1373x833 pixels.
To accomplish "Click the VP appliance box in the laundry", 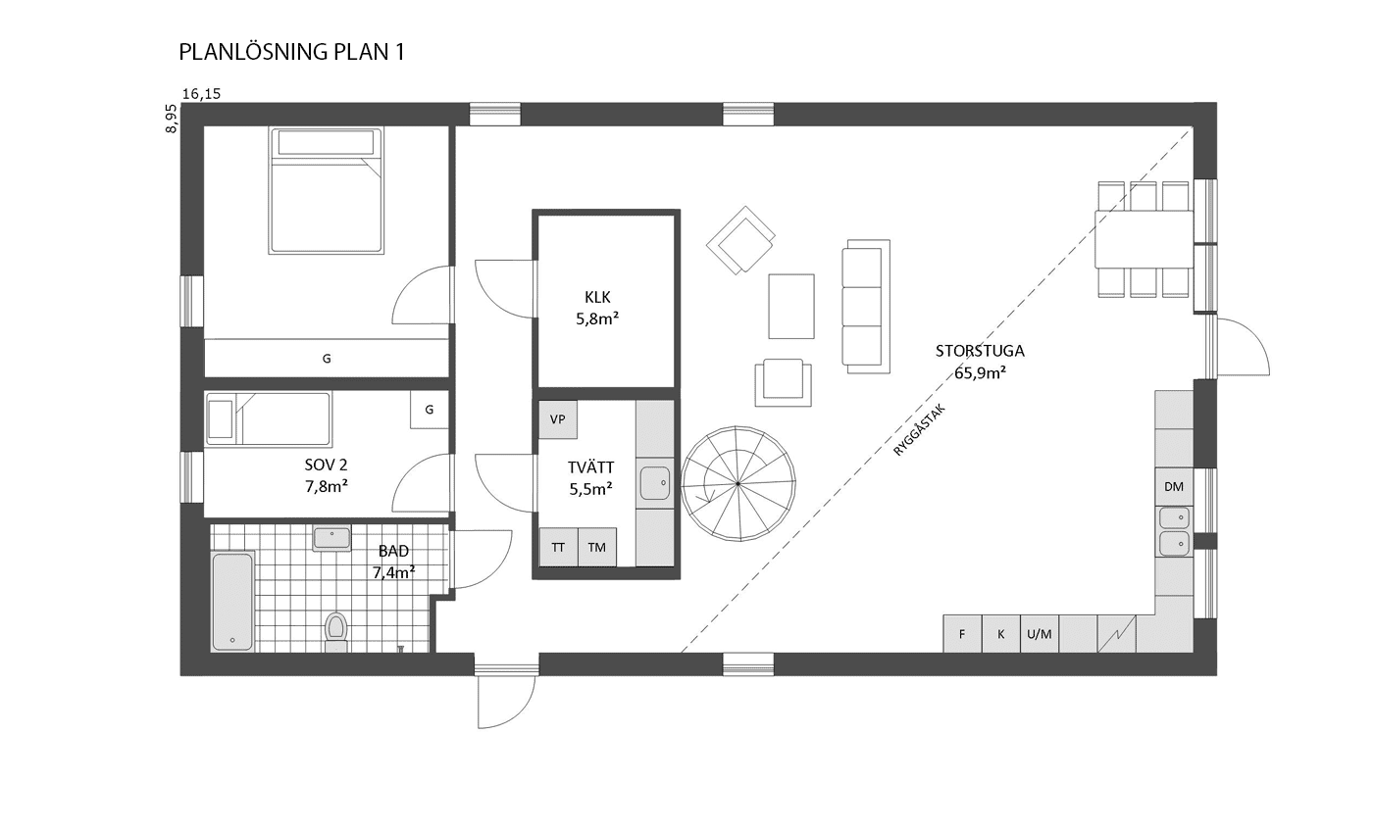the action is (558, 419).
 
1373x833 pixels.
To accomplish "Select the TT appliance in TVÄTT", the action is (558, 547).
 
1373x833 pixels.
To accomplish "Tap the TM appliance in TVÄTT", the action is (597, 547).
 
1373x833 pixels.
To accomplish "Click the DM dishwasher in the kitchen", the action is (1174, 487).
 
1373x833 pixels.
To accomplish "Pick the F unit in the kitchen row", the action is (962, 634).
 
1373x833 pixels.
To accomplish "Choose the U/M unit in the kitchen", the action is (1040, 634).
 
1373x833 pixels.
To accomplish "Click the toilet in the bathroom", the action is (335, 631).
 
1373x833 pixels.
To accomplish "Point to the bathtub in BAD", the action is (232, 602).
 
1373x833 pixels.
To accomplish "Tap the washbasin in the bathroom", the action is (331, 538).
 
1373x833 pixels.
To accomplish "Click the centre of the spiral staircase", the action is (737, 484).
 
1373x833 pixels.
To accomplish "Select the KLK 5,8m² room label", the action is (597, 308).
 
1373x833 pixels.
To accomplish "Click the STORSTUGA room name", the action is (980, 351).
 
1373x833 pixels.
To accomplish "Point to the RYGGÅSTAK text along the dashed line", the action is (920, 430).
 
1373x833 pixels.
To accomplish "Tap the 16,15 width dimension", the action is (202, 94).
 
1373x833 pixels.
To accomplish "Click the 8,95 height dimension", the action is (171, 119).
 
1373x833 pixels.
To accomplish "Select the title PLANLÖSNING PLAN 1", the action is (292, 52).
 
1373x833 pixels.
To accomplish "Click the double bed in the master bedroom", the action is (326, 190).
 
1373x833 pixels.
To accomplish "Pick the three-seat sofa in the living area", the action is (866, 306).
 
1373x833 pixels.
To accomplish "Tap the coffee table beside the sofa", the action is (791, 306).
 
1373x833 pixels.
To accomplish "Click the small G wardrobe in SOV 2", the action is (430, 410).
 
